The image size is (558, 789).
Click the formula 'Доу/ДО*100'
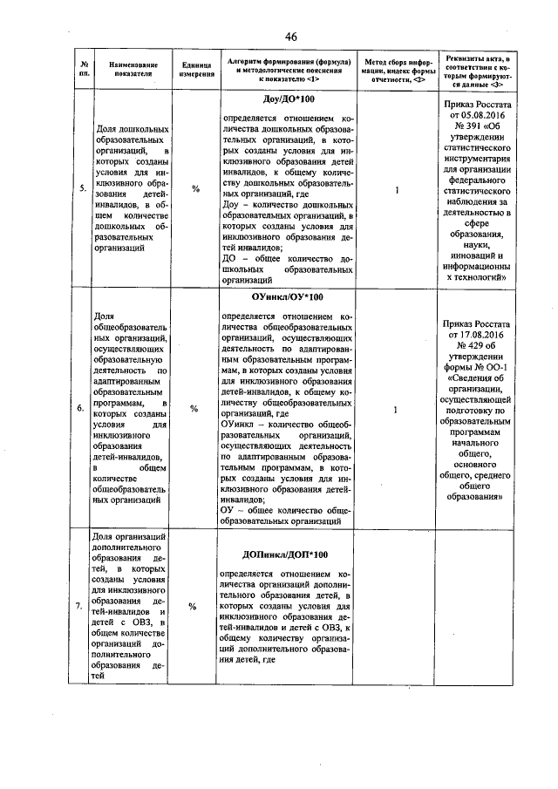pyautogui.click(x=289, y=99)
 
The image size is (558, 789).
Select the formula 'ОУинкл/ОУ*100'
pyautogui.click(x=288, y=298)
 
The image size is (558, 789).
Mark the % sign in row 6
pyautogui.click(x=196, y=407)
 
